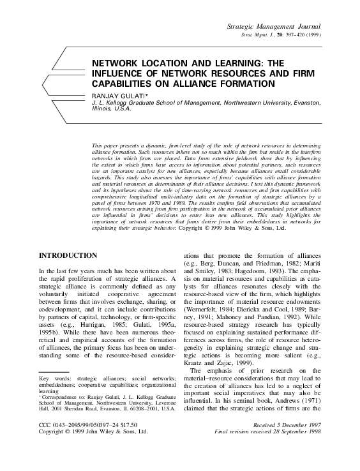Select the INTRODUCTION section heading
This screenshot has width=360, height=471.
tap(68, 255)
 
